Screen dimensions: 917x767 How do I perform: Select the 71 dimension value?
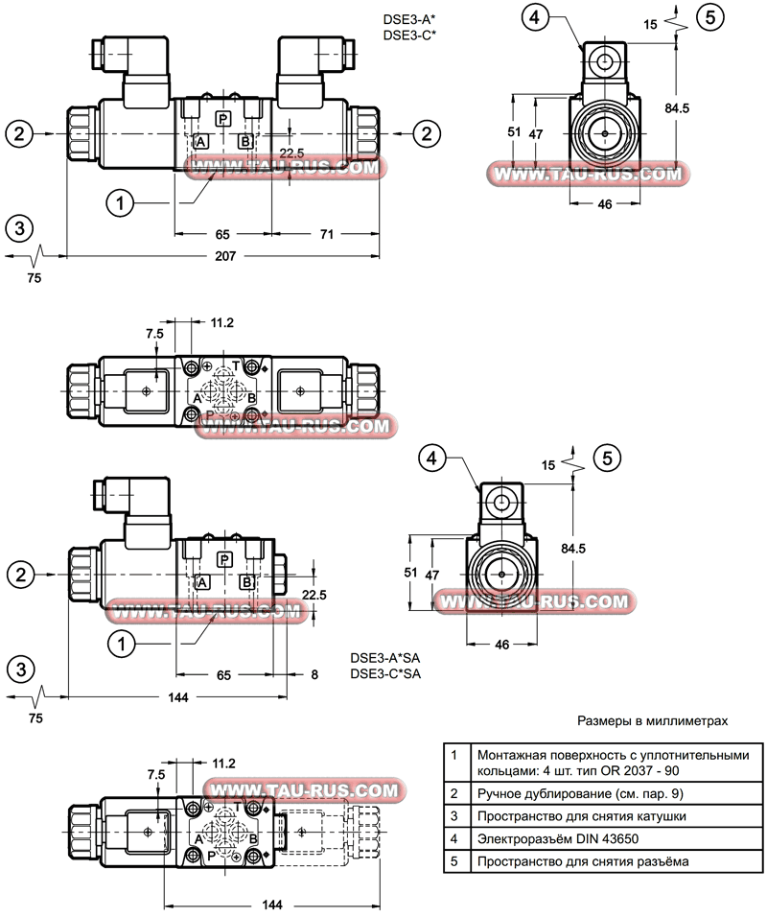(327, 233)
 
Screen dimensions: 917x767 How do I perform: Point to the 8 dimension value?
(314, 674)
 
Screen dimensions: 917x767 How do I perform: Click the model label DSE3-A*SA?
(385, 658)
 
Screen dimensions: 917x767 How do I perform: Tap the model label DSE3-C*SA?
(385, 673)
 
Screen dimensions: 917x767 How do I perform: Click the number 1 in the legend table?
(454, 755)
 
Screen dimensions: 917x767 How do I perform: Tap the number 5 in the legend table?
(454, 861)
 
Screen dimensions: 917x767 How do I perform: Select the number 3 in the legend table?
(454, 816)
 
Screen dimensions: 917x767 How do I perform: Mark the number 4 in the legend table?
(454, 838)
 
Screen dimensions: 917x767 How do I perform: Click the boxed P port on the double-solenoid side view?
(222, 119)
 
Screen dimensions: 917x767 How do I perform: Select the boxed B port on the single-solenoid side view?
(246, 582)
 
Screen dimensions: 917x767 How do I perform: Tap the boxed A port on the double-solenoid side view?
(200, 142)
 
